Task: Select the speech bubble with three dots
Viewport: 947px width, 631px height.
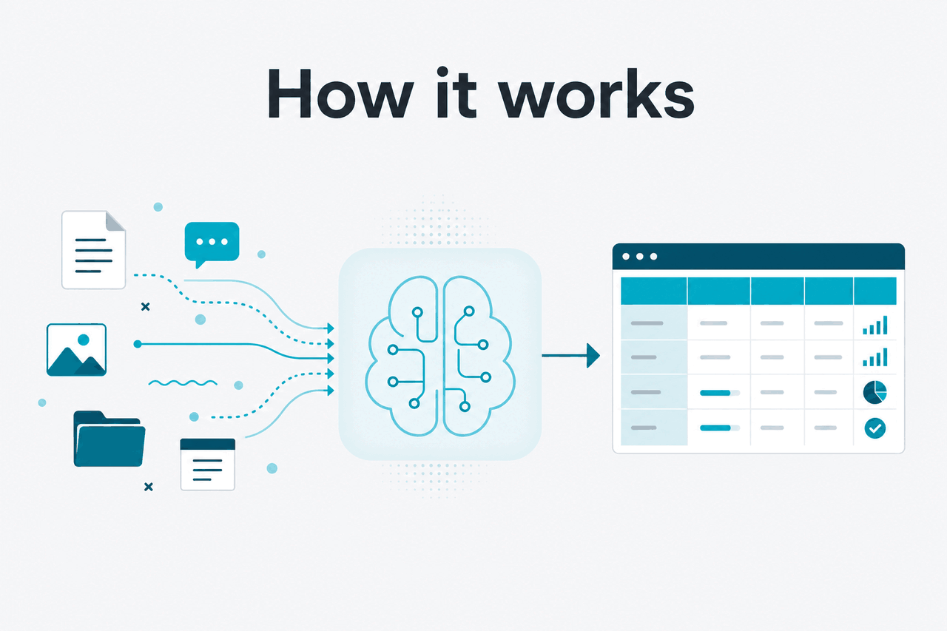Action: click(212, 244)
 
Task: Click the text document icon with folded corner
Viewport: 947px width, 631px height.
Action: click(93, 250)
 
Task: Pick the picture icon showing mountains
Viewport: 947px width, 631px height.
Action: click(76, 349)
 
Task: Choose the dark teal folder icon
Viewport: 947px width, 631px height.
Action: click(109, 439)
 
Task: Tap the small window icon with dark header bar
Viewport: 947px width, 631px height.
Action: click(208, 464)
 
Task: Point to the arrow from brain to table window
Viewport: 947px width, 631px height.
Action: click(570, 355)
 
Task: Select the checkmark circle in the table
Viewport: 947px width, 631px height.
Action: click(874, 428)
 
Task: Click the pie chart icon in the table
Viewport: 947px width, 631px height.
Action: click(874, 392)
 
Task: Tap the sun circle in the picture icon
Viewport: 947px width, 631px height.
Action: click(84, 340)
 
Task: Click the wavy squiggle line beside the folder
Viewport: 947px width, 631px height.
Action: click(183, 383)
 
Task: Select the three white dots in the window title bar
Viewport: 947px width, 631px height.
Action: click(640, 257)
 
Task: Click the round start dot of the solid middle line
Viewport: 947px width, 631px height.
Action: click(138, 344)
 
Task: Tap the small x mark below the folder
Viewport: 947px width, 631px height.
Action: click(149, 487)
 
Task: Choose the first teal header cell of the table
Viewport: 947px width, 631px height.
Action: click(653, 291)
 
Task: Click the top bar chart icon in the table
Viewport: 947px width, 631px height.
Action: click(874, 325)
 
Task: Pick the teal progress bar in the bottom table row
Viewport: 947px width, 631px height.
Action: click(715, 428)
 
